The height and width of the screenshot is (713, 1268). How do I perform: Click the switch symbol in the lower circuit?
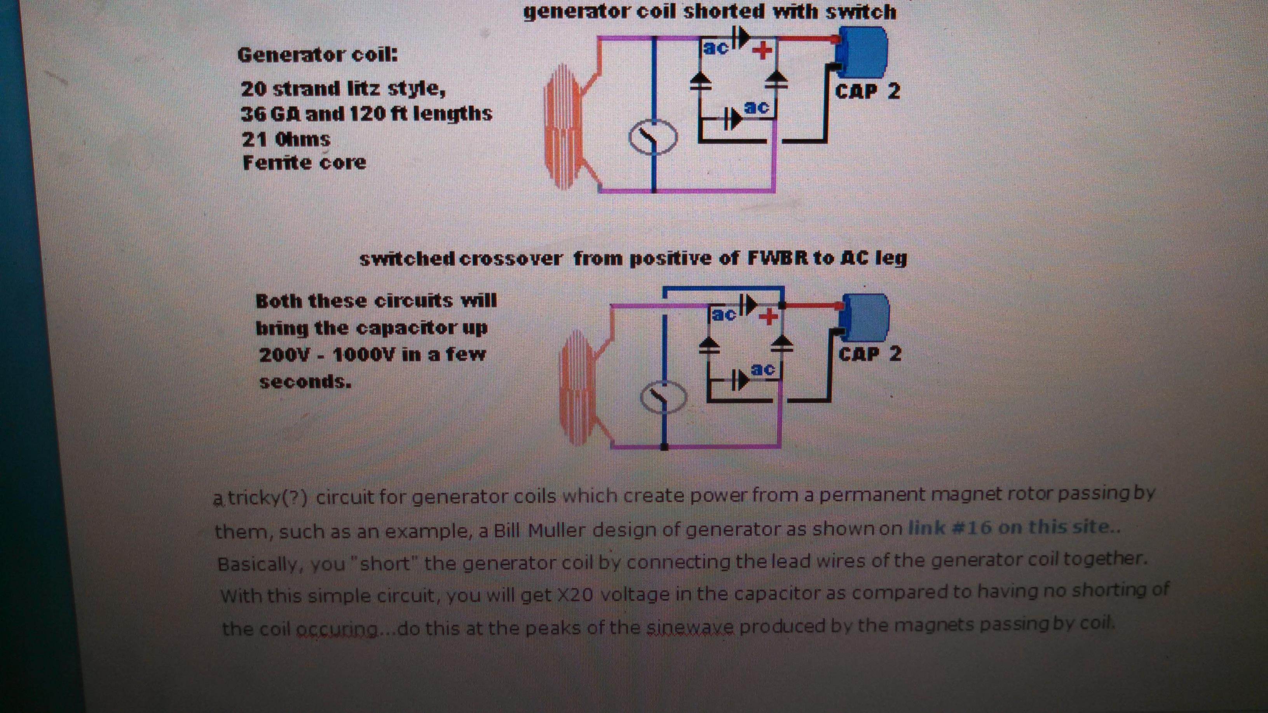tap(663, 397)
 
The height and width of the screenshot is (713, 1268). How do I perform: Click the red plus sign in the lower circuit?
tap(768, 317)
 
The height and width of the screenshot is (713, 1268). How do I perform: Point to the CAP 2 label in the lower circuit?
tap(870, 354)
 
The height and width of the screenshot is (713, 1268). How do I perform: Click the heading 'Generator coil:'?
tap(317, 55)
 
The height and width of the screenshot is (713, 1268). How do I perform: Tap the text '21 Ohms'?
tap(286, 139)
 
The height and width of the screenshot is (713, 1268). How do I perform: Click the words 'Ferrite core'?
tap(305, 162)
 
